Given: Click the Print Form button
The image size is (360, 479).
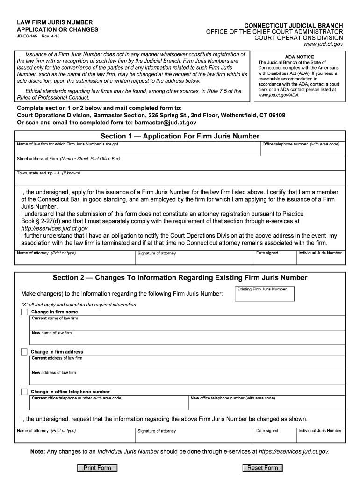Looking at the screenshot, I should click(x=97, y=468).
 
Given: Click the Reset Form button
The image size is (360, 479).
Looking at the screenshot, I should click(x=262, y=468).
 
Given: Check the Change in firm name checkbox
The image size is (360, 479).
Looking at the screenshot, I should click(x=24, y=312).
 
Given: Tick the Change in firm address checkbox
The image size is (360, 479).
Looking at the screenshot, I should click(x=24, y=352).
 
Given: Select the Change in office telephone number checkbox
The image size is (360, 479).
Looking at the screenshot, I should click(x=24, y=392).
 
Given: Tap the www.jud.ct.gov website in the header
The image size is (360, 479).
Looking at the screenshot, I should click(x=324, y=44).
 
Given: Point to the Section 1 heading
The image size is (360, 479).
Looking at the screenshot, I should click(x=180, y=136).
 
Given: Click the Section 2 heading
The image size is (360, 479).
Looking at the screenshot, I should click(x=180, y=278).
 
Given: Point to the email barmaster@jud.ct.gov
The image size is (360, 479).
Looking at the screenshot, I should click(x=166, y=123).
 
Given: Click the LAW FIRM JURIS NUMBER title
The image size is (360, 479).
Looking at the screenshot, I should click(x=55, y=22).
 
